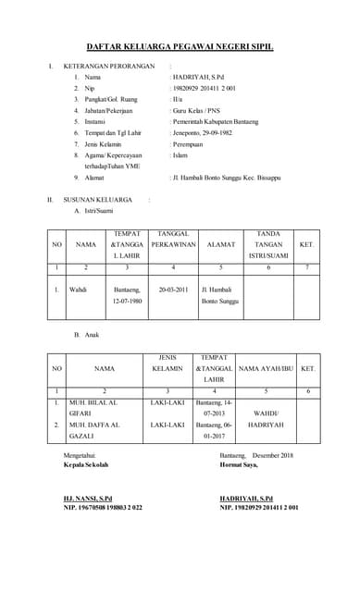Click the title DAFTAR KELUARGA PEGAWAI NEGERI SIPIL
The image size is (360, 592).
tap(180, 45)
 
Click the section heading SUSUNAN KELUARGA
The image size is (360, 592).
tap(96, 199)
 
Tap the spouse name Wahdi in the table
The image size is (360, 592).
tap(79, 289)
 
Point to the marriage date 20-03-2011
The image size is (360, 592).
tap(173, 289)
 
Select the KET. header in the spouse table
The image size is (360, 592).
tap(307, 244)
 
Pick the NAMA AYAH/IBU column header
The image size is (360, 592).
tap(266, 367)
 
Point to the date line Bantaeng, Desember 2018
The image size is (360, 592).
tap(256, 455)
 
